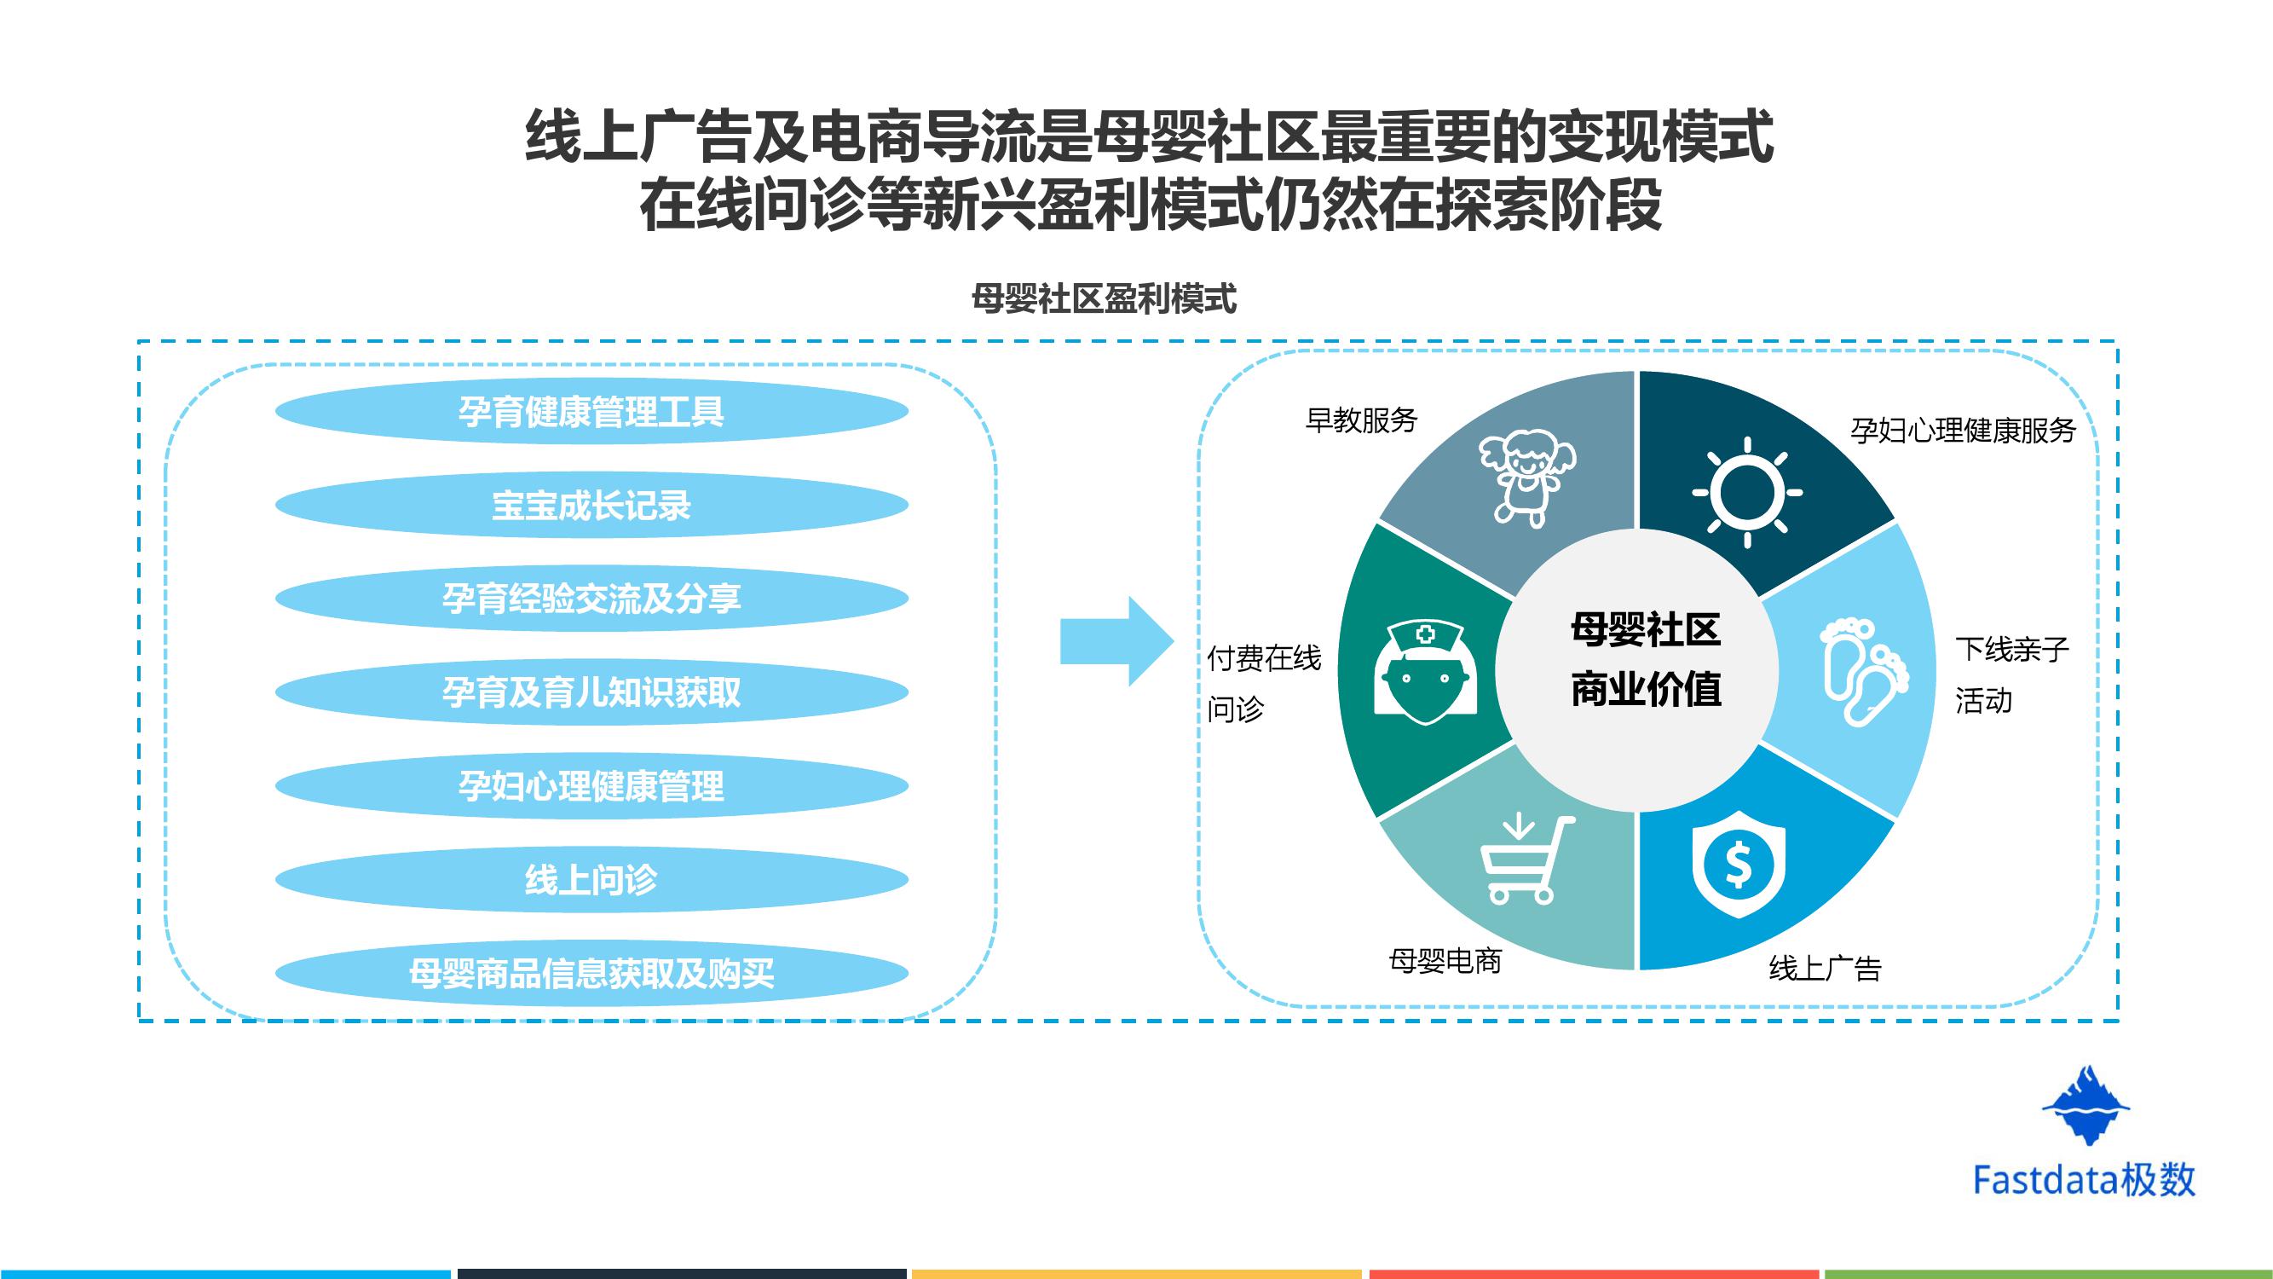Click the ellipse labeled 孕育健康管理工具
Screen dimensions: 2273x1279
pos(591,411)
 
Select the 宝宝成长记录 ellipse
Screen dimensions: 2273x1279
pos(591,505)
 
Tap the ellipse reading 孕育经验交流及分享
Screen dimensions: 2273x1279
pos(591,599)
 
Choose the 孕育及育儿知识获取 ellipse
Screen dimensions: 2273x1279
pos(591,692)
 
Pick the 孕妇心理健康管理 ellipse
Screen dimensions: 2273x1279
pos(591,785)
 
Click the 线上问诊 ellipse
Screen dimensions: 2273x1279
pos(591,879)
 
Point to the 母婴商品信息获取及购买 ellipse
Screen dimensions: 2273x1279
pos(591,974)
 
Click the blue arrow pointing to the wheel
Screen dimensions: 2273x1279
pos(1116,642)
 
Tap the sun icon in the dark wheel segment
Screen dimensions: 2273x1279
pos(1747,493)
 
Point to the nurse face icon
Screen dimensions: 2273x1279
pos(1425,671)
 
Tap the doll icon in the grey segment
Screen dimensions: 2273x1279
pos(1526,477)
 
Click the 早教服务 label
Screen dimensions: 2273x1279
pos(1362,420)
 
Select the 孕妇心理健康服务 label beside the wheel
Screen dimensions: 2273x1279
pos(1964,430)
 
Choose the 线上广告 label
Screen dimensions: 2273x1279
pos(1825,969)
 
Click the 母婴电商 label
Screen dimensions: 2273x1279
pos(1445,960)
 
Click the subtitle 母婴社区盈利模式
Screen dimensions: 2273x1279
pos(1104,300)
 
